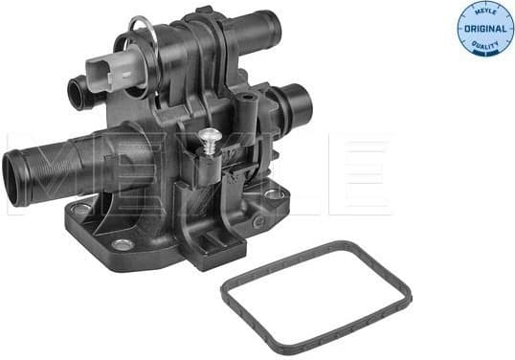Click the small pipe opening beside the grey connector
(x=75, y=92)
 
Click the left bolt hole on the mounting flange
(x=82, y=208)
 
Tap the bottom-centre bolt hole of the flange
(x=122, y=244)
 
